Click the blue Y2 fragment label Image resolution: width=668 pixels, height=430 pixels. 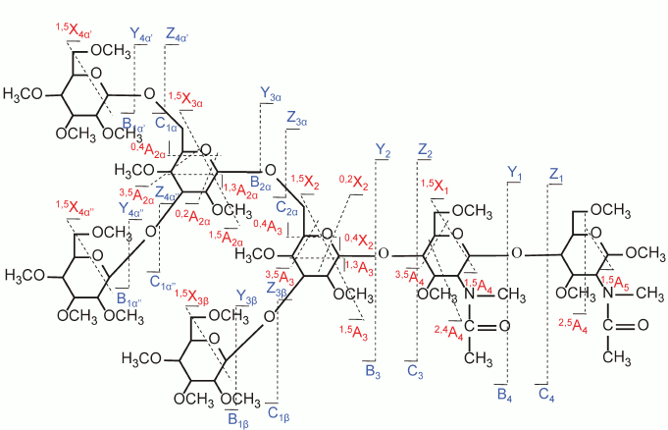click(x=383, y=149)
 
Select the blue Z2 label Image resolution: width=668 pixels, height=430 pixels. click(x=425, y=149)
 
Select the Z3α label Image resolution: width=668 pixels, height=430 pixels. click(x=297, y=116)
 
